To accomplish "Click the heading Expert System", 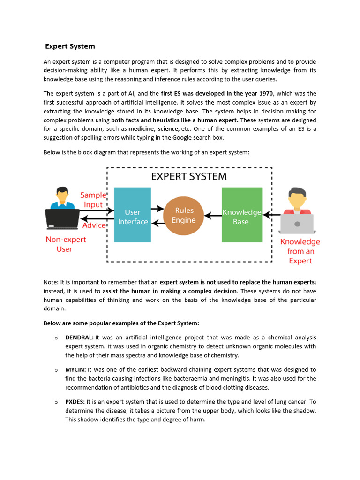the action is tap(70, 46).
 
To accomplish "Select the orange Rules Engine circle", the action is tap(184, 216).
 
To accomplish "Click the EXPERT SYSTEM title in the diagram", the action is tap(189, 177).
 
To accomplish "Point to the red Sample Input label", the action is tap(93, 200).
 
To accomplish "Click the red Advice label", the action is tap(94, 225).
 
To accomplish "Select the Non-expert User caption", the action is tap(66, 244).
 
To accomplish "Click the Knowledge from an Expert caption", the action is tap(300, 251).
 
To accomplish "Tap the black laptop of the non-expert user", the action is tap(62, 219).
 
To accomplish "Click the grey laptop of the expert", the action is tap(297, 224).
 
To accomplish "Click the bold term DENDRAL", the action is tap(79, 337).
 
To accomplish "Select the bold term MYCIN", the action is tap(75, 370).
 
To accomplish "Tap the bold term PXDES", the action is tap(75, 402).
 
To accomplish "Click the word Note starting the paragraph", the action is tap(51, 282).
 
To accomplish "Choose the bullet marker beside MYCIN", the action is tap(56, 370).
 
